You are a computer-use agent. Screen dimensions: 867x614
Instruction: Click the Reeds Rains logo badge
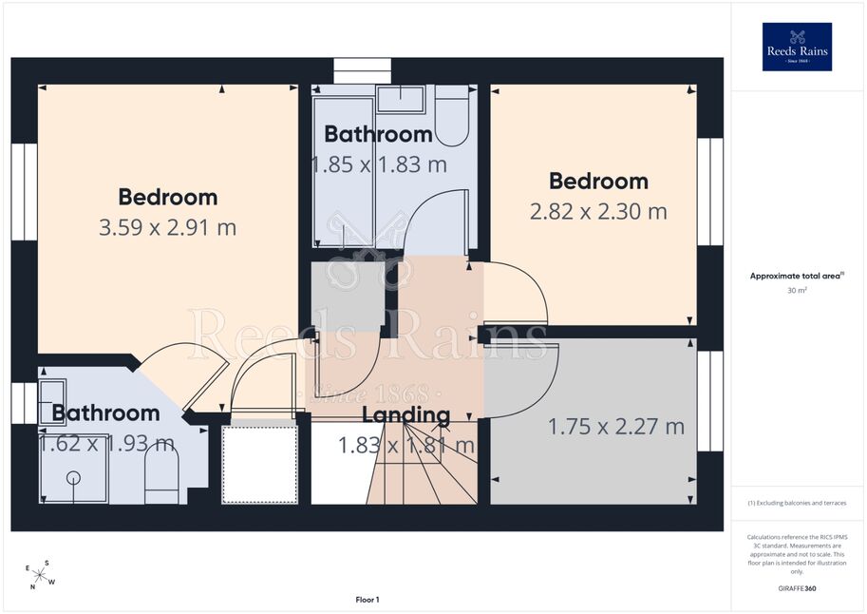click(x=797, y=47)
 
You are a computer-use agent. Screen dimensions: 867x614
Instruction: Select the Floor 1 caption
click(x=368, y=600)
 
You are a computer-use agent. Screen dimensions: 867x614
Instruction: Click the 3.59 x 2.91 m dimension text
click(x=167, y=227)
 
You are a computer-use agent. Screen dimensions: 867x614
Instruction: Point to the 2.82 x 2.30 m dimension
click(x=598, y=212)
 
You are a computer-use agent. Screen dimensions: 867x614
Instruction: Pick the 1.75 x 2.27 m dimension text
click(x=616, y=427)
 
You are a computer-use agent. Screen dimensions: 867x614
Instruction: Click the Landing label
click(x=405, y=414)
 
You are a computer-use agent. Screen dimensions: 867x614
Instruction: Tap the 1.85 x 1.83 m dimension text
click(x=379, y=164)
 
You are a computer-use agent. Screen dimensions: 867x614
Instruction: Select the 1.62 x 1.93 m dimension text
click(x=106, y=444)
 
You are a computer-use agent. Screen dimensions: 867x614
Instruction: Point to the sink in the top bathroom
click(x=401, y=99)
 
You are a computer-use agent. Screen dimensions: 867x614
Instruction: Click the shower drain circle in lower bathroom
click(x=73, y=477)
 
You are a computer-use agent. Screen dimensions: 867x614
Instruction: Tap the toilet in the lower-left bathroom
click(x=161, y=478)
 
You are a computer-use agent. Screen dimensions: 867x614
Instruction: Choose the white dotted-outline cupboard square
click(x=259, y=464)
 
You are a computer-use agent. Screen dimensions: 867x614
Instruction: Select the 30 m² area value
click(x=797, y=290)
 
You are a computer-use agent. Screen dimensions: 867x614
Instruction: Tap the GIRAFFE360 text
click(x=797, y=588)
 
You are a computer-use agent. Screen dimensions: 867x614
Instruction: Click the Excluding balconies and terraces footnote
click(x=797, y=503)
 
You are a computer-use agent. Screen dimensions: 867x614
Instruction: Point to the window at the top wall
click(x=362, y=71)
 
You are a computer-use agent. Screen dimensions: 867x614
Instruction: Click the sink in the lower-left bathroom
click(x=52, y=402)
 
